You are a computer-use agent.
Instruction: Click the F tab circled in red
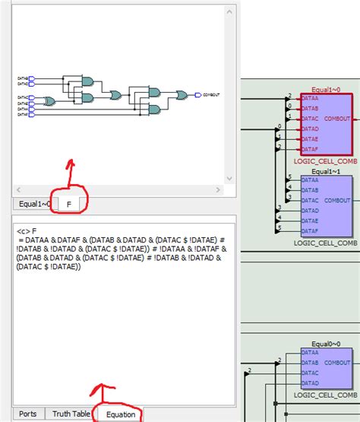click(70, 204)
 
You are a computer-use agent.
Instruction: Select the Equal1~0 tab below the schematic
click(35, 204)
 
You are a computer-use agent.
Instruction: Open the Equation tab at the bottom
click(121, 414)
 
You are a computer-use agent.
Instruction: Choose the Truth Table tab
click(71, 414)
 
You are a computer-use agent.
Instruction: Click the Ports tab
click(27, 414)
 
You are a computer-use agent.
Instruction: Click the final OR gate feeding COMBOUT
click(182, 95)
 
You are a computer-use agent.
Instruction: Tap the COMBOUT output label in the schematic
click(211, 95)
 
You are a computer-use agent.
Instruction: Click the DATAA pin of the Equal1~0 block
click(310, 98)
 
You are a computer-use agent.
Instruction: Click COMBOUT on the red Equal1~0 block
click(337, 119)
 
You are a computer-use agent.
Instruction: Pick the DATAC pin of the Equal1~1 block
click(310, 200)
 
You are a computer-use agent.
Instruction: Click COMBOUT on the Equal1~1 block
click(337, 200)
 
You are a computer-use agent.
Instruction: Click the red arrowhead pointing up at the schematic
click(71, 163)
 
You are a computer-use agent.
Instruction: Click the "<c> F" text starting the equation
click(27, 229)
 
